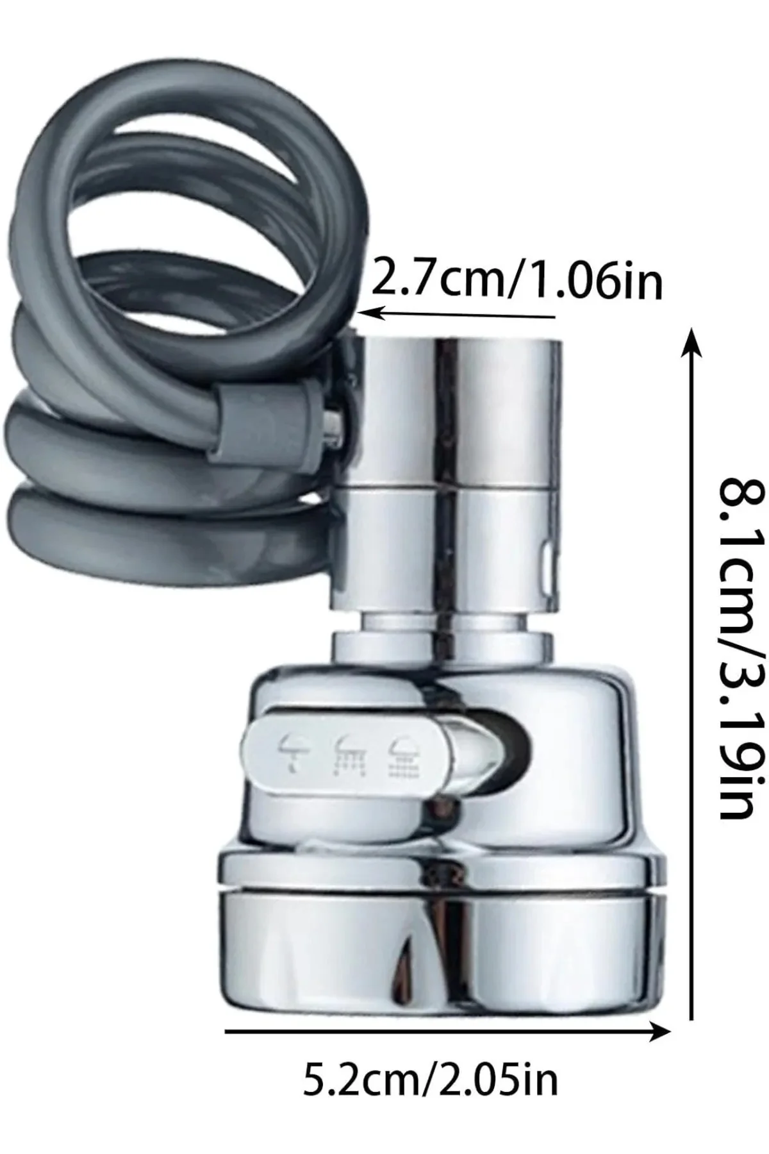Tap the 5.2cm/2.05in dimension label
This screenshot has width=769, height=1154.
(431, 1080)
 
